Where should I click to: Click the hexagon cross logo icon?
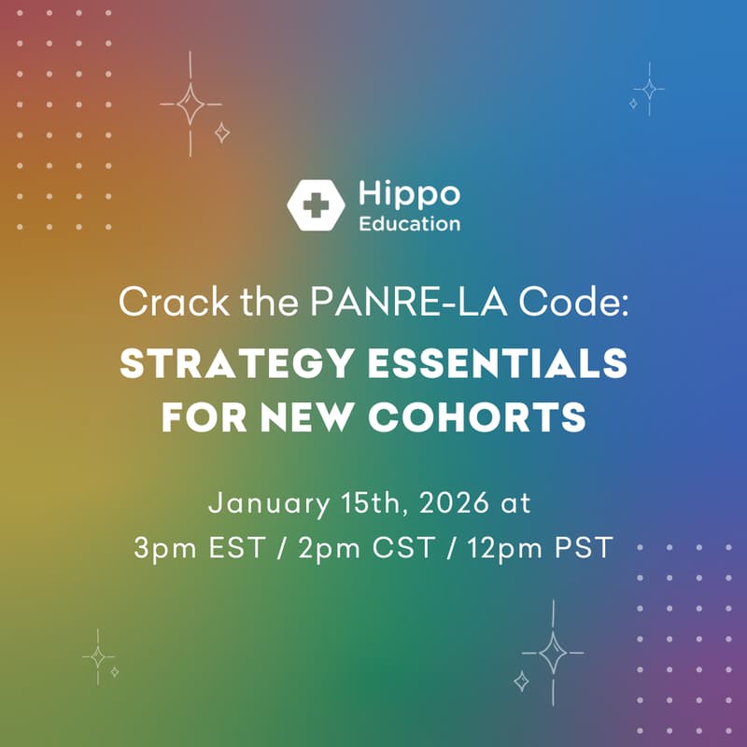click(x=317, y=204)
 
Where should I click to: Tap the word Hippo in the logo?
click(x=409, y=195)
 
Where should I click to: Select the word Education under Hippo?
click(x=409, y=224)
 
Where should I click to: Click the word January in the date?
click(x=265, y=503)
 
